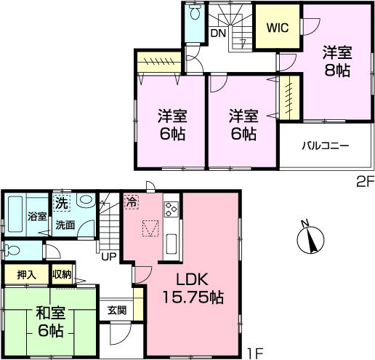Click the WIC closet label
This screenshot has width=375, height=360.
coord(277,29)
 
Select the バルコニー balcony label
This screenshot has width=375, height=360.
coord(326,145)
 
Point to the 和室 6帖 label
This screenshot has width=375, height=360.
coord(51,321)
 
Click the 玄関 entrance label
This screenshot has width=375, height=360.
coord(117,310)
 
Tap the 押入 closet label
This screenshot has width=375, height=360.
coord(25,276)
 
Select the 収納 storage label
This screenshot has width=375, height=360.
coord(61,276)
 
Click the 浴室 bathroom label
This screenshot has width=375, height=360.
coord(37,216)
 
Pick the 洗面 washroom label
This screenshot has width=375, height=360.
coord(65,225)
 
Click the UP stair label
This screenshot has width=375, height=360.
coord(109,256)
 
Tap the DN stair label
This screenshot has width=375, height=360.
coord(217,33)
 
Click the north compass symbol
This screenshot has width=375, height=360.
coord(310,239)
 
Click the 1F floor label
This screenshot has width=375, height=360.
coord(254,353)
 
